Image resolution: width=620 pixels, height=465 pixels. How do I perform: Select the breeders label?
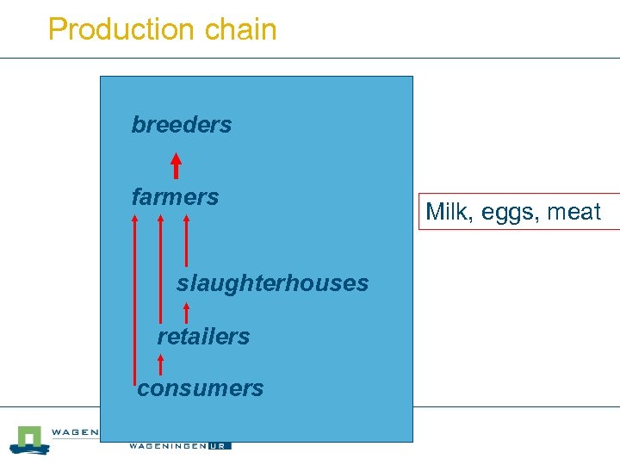pyautogui.click(x=182, y=125)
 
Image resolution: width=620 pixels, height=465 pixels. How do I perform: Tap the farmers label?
pyautogui.click(x=175, y=197)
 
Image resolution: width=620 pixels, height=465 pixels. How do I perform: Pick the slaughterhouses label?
pyautogui.click(x=272, y=283)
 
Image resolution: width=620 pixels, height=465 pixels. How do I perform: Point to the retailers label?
pyautogui.click(x=203, y=337)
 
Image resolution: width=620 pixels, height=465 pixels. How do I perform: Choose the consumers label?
pyautogui.click(x=201, y=388)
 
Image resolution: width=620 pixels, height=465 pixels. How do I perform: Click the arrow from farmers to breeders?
pyautogui.click(x=176, y=165)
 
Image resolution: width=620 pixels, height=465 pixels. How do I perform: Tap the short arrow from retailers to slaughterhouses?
pyautogui.click(x=187, y=312)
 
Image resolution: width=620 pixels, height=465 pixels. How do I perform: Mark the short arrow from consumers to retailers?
pyautogui.click(x=161, y=363)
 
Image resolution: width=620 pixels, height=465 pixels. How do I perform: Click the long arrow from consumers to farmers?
pyautogui.click(x=134, y=297)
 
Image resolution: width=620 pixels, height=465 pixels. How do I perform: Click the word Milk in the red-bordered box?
pyautogui.click(x=446, y=212)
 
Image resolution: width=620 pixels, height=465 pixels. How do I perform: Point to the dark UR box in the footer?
pyautogui.click(x=220, y=445)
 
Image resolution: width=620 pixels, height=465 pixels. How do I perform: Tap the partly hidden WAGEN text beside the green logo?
pyautogui.click(x=75, y=432)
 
